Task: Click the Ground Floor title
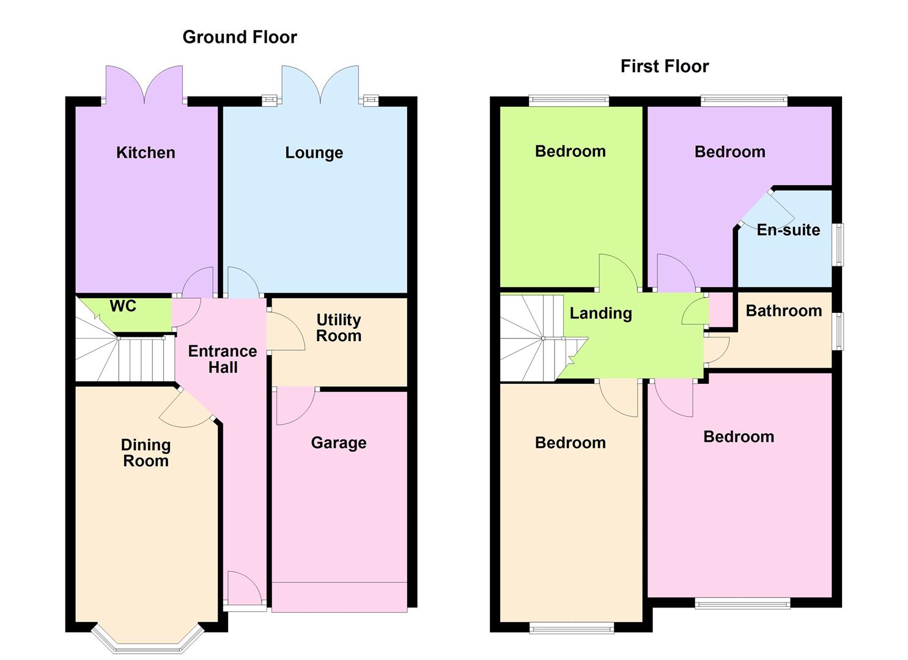[x=240, y=37]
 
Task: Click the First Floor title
[x=664, y=66]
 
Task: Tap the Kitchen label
[x=146, y=152]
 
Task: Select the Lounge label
[x=314, y=152]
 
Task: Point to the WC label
[x=123, y=306]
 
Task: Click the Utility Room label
[x=338, y=328]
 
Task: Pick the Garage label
[x=338, y=442]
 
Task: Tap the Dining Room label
[x=146, y=453]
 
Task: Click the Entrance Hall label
[x=222, y=359]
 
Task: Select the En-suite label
[x=788, y=230]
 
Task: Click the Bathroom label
[x=783, y=310]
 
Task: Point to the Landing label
[x=600, y=313]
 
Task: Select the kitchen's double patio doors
[x=144, y=86]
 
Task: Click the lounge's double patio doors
[x=320, y=86]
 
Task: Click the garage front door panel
[x=339, y=596]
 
